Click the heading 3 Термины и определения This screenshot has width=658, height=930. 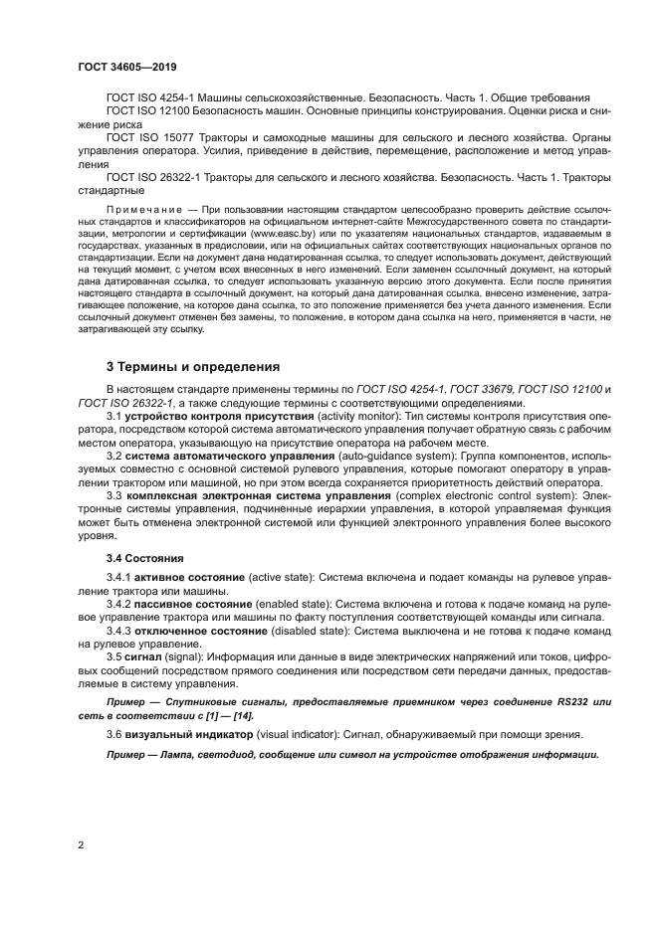[185, 366]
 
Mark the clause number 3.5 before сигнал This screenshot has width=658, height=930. [114, 656]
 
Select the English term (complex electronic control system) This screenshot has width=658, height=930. [485, 493]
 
